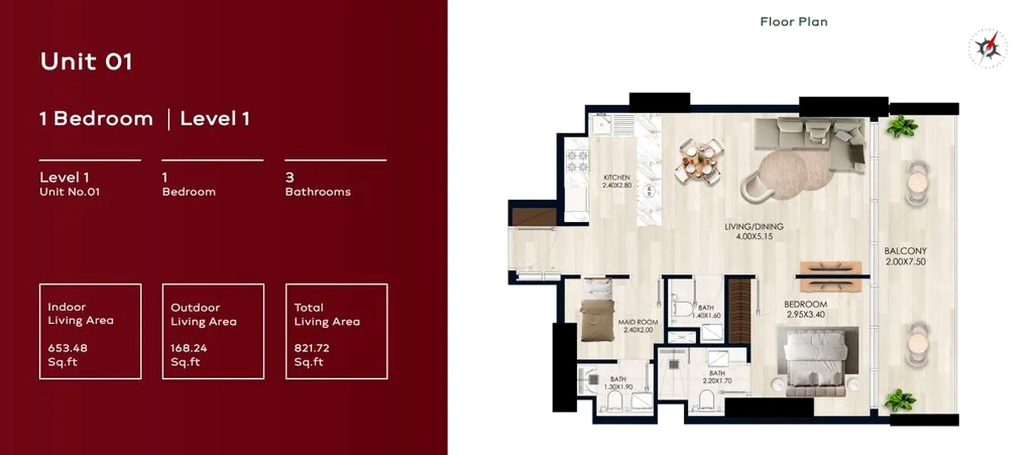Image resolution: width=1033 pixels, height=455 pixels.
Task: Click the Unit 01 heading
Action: click(x=86, y=61)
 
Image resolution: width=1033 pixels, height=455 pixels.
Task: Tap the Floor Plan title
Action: click(x=794, y=22)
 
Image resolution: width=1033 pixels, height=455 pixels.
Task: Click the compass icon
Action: click(x=988, y=48)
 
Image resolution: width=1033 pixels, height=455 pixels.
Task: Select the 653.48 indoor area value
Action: click(x=68, y=348)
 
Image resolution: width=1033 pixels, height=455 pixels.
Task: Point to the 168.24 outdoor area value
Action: click(x=188, y=348)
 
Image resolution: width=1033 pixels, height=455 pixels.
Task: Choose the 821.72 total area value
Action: click(x=312, y=348)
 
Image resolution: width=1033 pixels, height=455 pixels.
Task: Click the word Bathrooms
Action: click(x=317, y=192)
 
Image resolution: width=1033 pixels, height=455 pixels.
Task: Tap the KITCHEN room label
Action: click(x=617, y=177)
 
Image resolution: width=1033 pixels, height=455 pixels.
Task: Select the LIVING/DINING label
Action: click(x=754, y=226)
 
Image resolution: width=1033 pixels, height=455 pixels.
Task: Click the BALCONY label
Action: click(x=905, y=251)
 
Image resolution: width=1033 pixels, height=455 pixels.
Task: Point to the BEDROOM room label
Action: click(x=805, y=304)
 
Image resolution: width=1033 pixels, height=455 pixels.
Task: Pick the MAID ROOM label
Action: click(x=638, y=322)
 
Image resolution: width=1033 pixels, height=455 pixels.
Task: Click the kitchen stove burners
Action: click(x=577, y=161)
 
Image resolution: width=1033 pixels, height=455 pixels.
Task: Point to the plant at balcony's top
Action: click(x=902, y=126)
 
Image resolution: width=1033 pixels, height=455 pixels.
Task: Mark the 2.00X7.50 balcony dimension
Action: click(x=905, y=262)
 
